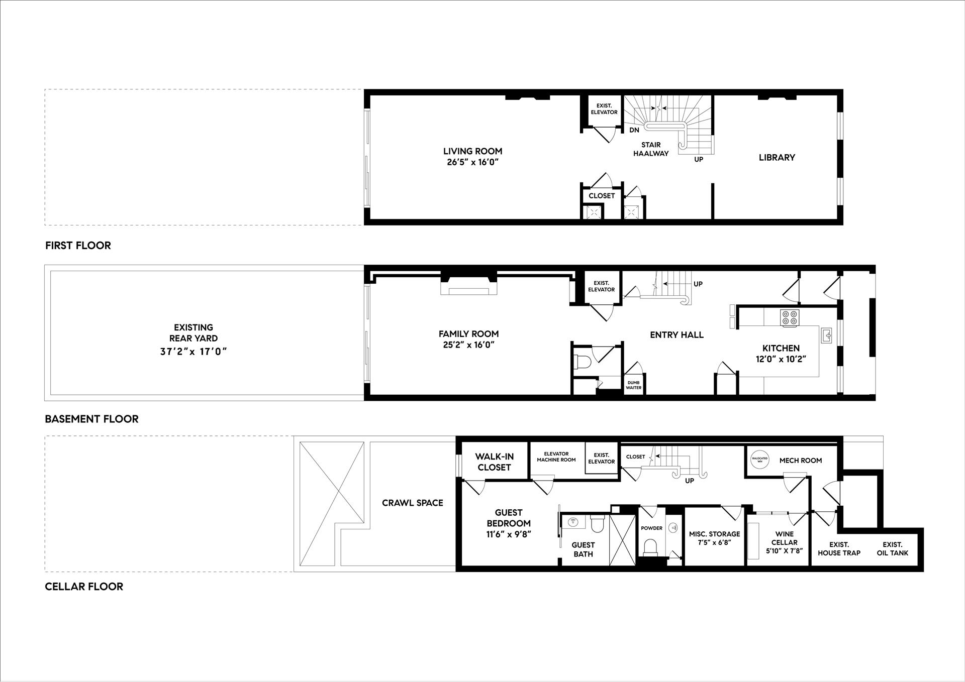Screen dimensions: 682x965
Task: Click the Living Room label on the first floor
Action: click(472, 151)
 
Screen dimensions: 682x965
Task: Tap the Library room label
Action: click(777, 158)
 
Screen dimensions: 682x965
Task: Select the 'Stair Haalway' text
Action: click(651, 149)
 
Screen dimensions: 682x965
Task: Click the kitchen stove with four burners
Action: click(790, 318)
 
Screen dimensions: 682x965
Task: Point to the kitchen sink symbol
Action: click(826, 335)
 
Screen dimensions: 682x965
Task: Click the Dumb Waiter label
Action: click(634, 385)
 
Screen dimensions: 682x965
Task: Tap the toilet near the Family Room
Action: click(581, 362)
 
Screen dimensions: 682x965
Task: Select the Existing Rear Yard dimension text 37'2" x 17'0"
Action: click(194, 352)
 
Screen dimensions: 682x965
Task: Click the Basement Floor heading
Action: click(91, 419)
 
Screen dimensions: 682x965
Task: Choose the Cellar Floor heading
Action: click(84, 587)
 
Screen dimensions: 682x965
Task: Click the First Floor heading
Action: click(78, 246)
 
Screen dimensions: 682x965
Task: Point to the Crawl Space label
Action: click(412, 503)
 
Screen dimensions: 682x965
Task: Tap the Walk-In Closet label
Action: click(494, 462)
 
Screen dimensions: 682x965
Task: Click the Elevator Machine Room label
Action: click(556, 457)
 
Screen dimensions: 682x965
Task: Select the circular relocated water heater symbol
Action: click(759, 460)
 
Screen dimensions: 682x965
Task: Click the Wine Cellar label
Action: click(784, 538)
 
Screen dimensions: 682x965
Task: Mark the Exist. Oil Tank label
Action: click(893, 548)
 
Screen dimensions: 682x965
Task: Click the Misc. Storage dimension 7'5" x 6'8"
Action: click(714, 542)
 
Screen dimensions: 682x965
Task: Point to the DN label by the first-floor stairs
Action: click(634, 130)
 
